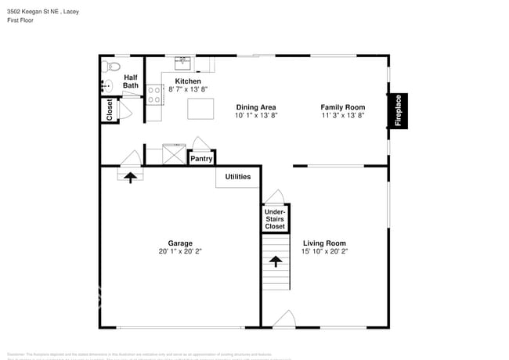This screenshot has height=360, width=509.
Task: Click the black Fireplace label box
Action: point(398,111)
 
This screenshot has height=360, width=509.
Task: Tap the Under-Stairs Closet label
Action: point(274,218)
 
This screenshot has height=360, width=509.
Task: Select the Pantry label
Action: point(201,159)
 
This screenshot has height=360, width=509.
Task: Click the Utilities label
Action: point(238,177)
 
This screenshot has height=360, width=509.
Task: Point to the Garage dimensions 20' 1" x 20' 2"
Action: point(175,252)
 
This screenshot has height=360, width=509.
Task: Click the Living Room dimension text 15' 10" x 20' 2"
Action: point(324,252)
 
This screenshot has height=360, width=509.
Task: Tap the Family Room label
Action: point(342,106)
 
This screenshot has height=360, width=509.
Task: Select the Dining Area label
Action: point(255,106)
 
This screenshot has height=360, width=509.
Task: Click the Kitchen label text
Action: point(188,81)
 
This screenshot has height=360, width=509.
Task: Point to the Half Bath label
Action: point(131,81)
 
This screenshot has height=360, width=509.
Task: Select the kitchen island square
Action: point(200,108)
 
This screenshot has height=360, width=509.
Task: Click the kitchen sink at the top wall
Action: point(184,60)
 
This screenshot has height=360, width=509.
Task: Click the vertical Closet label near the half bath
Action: point(110,110)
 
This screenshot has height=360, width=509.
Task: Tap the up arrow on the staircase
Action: point(274,261)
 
